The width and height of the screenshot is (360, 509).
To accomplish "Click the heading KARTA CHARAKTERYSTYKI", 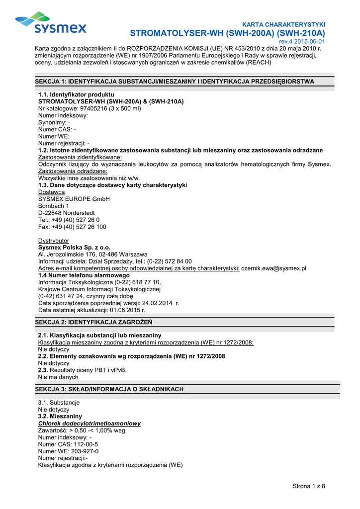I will pyautogui.click(x=283, y=24).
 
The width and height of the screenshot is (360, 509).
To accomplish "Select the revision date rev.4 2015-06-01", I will pyautogui.click(x=302, y=42).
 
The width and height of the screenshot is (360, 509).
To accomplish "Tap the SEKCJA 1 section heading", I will pyautogui.click(x=175, y=81).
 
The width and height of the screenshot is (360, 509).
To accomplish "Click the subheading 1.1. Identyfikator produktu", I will pyautogui.click(x=76, y=94).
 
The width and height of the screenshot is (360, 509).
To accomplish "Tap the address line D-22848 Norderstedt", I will pyautogui.click(x=67, y=213).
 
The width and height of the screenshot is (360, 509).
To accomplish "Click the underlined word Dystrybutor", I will pyautogui.click(x=54, y=241).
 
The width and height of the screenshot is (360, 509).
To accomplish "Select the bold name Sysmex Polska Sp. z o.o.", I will pyautogui.click(x=74, y=248).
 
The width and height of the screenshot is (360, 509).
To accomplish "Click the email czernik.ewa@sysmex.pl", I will pyautogui.click(x=273, y=268).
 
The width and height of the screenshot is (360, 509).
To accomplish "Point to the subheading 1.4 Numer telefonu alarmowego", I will pyautogui.click(x=84, y=275).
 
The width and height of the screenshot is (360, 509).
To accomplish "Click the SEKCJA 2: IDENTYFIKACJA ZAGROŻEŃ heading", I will pyautogui.click(x=93, y=322).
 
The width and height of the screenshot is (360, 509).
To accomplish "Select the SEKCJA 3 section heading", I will pyautogui.click(x=109, y=389).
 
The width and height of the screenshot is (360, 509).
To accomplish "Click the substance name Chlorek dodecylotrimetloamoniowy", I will pyautogui.click(x=90, y=424).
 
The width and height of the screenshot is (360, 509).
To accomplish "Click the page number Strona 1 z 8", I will pyautogui.click(x=309, y=486).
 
